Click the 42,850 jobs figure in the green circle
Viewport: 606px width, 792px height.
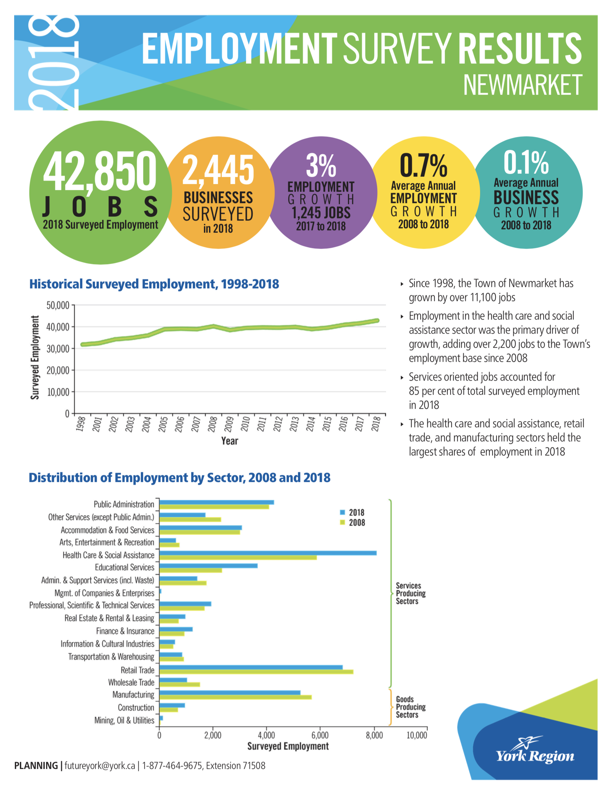pos(100,171)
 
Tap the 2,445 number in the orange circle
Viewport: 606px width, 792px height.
pos(218,169)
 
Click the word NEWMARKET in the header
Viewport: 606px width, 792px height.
pos(523,85)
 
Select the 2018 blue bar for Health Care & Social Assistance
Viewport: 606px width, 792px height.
pos(268,553)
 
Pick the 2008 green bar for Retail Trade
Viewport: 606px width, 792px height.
pos(256,672)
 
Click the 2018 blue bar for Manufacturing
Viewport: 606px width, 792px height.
pos(230,693)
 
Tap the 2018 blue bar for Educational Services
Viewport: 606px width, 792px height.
pos(208,566)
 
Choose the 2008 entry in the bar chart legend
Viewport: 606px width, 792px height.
pos(352,523)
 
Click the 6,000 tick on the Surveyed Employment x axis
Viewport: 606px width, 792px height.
pos(320,735)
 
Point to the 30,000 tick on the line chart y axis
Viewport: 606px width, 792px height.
pos(58,349)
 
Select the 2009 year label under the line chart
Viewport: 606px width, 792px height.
pos(229,424)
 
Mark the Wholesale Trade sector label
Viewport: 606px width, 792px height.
pos(131,683)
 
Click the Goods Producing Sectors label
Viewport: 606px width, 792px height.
pos(410,707)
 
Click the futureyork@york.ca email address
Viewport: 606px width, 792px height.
pos(100,765)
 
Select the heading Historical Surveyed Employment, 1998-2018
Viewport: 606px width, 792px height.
pos(154,284)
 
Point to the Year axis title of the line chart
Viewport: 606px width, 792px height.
pos(230,441)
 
